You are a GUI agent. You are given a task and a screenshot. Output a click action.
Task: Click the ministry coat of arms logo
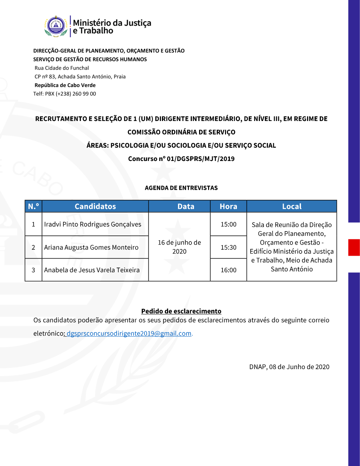pos(56,26)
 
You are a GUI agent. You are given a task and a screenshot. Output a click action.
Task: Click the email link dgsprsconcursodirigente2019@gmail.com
pos(129,333)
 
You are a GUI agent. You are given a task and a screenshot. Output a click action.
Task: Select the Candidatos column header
pos(95,206)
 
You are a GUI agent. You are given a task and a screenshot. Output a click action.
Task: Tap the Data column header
pos(186,206)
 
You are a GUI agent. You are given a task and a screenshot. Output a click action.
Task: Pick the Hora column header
pos(228,206)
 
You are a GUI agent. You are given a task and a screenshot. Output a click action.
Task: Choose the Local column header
pos(292,206)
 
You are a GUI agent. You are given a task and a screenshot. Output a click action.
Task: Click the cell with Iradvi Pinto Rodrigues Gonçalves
pos(93,224)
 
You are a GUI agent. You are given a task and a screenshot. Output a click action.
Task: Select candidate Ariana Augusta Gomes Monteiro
pos(91,247)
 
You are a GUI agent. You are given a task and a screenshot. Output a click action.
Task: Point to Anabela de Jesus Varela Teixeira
pos(92,270)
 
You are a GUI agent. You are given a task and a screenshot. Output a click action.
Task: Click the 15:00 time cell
pos(228,224)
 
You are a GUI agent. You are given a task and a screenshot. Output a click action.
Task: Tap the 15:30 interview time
pos(228,247)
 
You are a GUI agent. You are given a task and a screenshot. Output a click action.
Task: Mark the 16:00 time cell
pos(228,270)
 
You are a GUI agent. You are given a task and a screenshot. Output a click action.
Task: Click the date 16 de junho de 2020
pos(179,247)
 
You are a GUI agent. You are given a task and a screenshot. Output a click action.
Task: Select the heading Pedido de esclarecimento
pos(181,311)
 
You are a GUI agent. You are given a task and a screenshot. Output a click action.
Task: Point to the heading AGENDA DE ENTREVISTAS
pos(181,188)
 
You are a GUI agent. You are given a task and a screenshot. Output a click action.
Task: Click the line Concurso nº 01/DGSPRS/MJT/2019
pos(181,159)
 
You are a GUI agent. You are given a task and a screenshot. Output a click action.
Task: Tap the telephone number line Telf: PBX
pos(65,94)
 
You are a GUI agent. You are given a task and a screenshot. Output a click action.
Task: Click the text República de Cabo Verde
pos(65,85)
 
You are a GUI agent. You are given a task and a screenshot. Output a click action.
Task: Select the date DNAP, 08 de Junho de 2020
pos(289,367)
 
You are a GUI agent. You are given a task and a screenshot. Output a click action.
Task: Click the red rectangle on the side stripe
pos(354,247)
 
